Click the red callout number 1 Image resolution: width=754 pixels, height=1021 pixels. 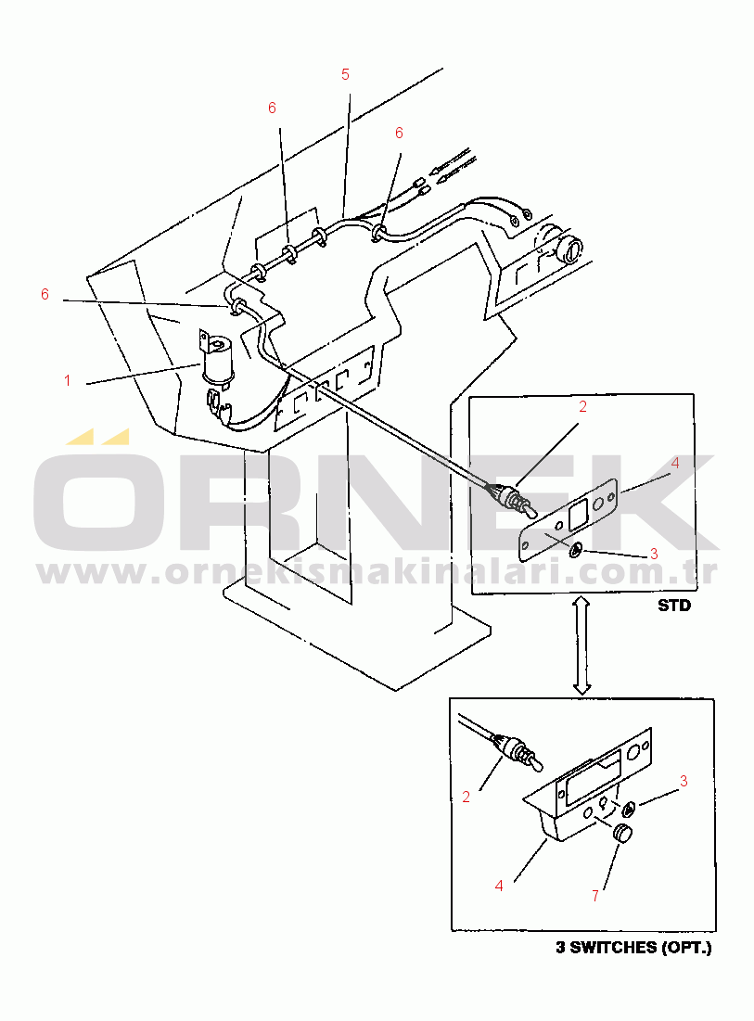(67, 380)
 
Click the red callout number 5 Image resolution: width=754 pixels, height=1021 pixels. (345, 75)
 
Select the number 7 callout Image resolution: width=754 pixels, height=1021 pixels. (595, 897)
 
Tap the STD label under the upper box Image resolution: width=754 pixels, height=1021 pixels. (674, 606)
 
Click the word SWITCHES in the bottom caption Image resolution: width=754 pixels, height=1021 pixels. (614, 948)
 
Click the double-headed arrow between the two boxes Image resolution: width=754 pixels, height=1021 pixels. (581, 646)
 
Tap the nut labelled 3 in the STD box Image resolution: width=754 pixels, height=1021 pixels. (575, 551)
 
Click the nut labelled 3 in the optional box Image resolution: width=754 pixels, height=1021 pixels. (629, 810)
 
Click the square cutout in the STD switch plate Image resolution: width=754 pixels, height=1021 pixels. (578, 514)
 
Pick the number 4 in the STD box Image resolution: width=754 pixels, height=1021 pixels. (675, 463)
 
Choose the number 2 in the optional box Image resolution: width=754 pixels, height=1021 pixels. (466, 797)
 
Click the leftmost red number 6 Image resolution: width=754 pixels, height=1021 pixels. (45, 294)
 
